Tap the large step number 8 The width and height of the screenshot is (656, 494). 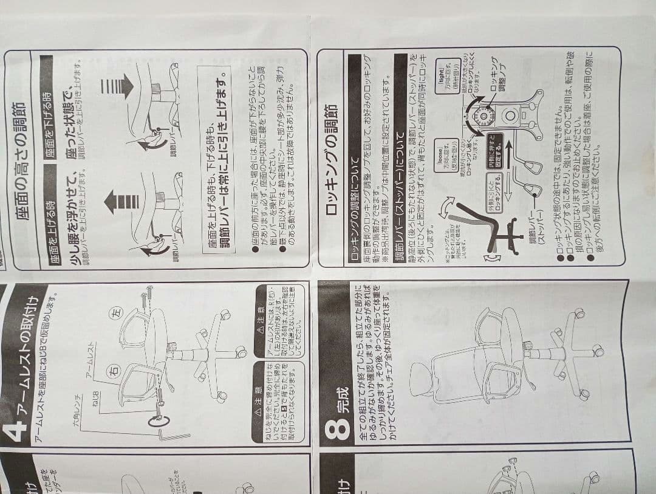[338, 428]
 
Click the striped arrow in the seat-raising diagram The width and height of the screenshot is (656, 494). [114, 201]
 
